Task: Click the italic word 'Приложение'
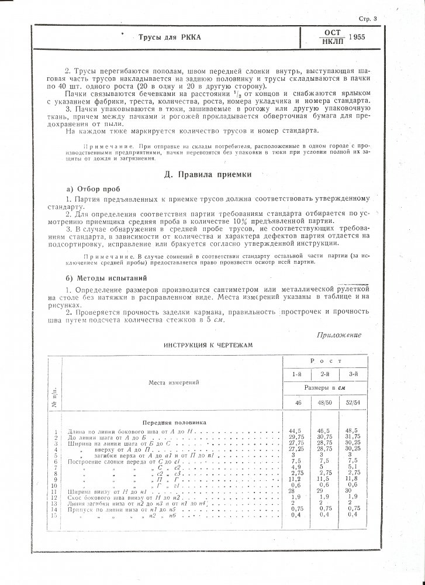point(340,335)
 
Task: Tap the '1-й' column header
point(298,373)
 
